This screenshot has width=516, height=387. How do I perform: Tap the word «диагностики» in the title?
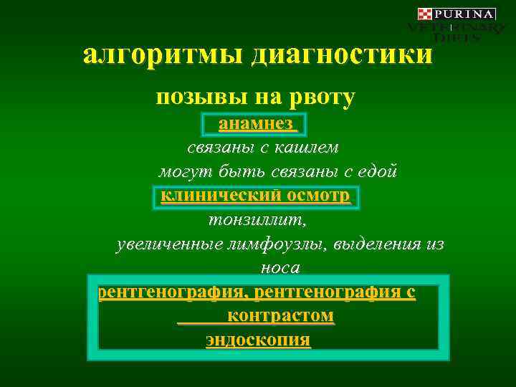[x=342, y=55]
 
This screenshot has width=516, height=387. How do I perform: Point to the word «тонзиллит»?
[x=257, y=219]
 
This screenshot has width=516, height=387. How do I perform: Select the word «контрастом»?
[x=280, y=315]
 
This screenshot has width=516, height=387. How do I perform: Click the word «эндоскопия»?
[x=258, y=339]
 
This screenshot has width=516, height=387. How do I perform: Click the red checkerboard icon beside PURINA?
[x=425, y=14]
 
